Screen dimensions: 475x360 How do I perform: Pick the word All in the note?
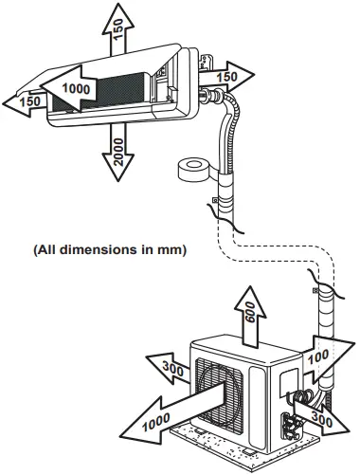click(46, 250)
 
